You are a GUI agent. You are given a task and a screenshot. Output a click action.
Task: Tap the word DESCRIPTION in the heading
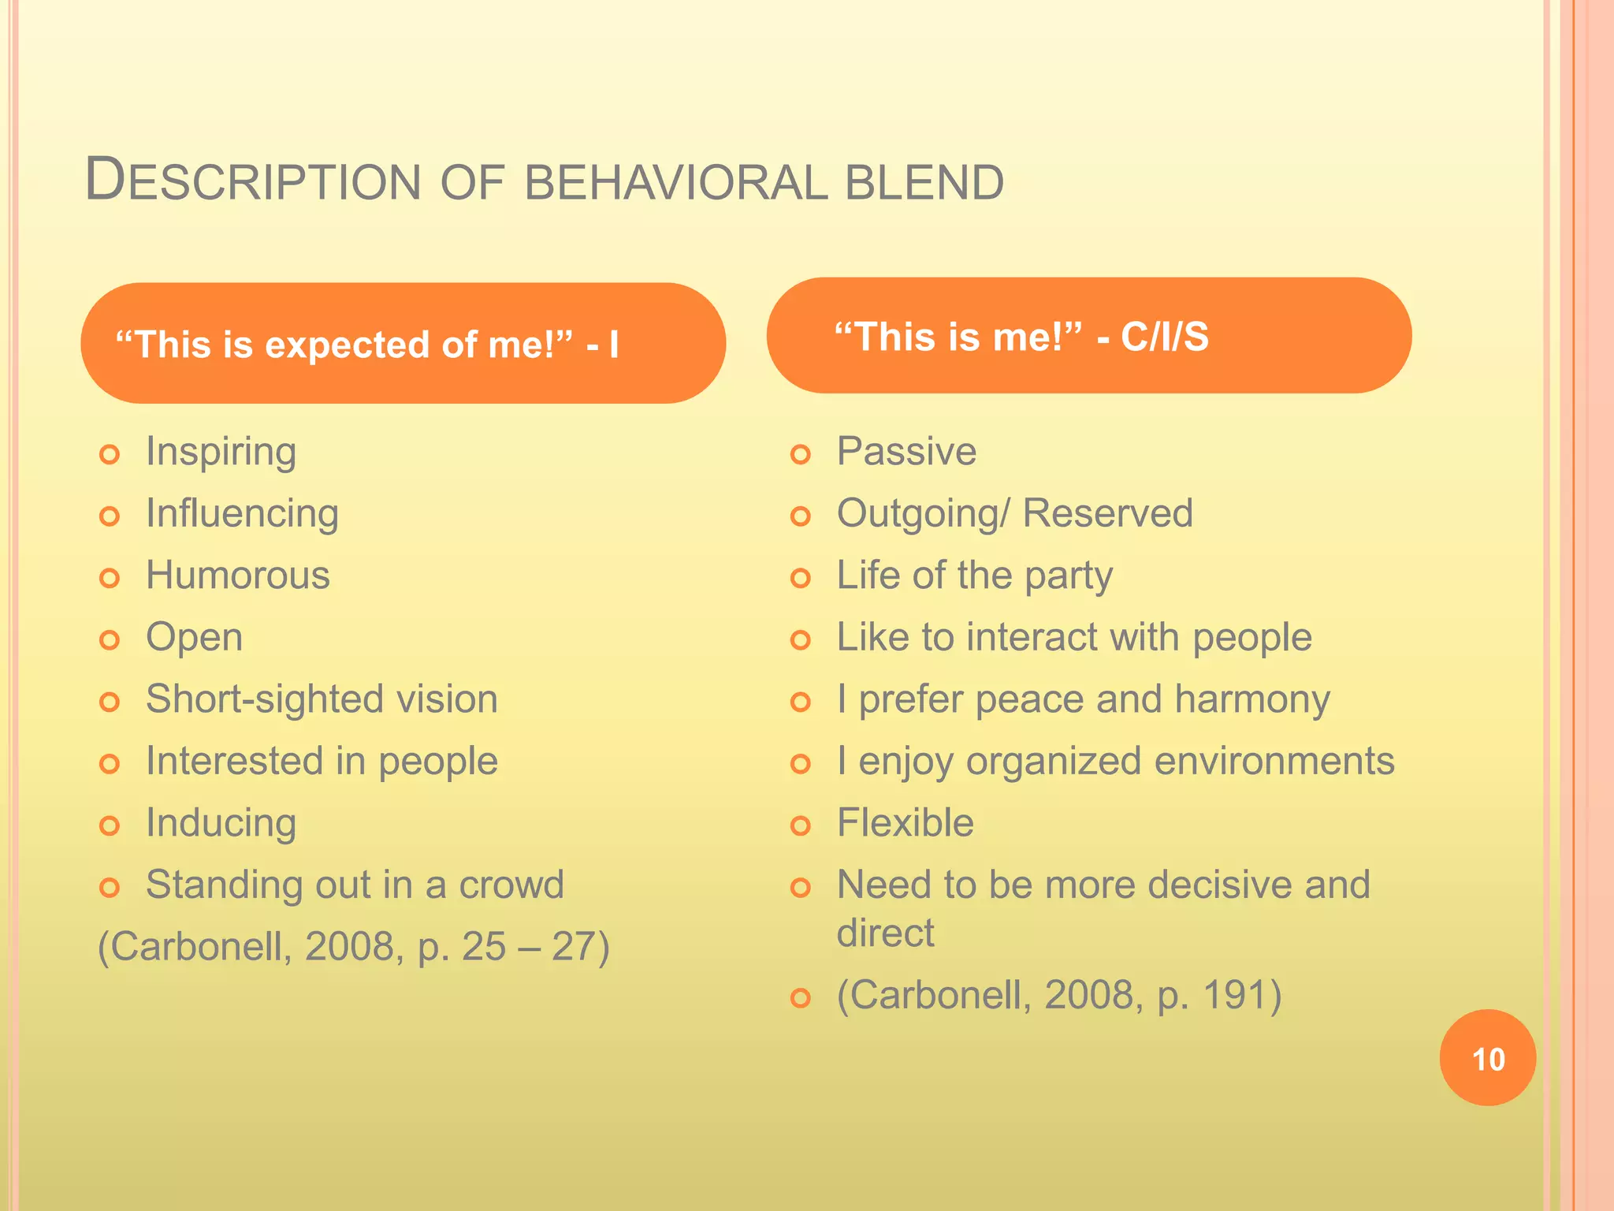(252, 181)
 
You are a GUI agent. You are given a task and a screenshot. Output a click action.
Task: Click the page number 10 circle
(1487, 1058)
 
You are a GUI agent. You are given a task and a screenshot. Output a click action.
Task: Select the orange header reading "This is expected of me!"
(403, 344)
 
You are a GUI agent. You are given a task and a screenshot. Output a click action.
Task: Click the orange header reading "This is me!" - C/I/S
(1088, 336)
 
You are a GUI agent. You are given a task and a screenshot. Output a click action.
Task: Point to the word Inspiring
(221, 452)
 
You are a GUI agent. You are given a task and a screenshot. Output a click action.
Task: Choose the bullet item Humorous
(237, 576)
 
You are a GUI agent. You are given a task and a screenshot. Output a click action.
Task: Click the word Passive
(906, 452)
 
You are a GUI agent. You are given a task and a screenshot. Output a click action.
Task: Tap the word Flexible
(905, 823)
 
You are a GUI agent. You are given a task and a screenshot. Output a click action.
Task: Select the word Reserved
(1107, 513)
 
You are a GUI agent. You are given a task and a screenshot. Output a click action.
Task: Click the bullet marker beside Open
(110, 639)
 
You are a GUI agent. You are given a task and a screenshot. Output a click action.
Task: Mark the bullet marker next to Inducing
(110, 825)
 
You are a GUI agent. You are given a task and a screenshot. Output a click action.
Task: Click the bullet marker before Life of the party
(801, 578)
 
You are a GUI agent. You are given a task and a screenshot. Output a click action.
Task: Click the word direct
(885, 933)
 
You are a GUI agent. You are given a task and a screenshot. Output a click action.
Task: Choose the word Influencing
(242, 513)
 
